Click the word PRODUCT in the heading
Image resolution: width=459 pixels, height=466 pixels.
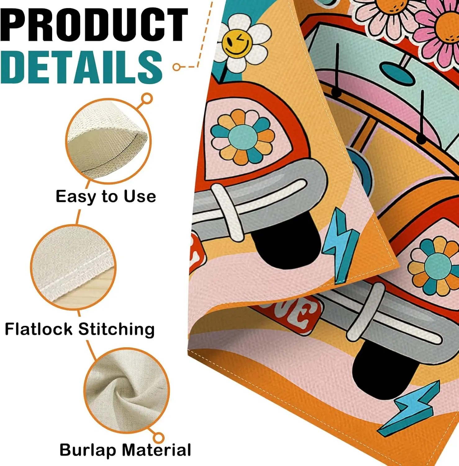pyautogui.click(x=94, y=25)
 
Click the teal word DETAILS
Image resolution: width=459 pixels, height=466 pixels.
pyautogui.click(x=81, y=67)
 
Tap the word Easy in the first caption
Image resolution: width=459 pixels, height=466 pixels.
pyautogui.click(x=76, y=197)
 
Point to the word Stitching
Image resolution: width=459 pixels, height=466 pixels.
pyautogui.click(x=116, y=330)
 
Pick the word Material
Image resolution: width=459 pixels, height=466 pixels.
pyautogui.click(x=156, y=450)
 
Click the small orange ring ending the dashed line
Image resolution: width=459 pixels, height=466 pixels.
pyautogui.click(x=177, y=67)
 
